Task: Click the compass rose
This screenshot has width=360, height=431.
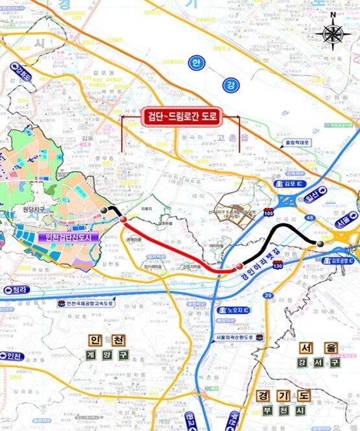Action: (x=333, y=32)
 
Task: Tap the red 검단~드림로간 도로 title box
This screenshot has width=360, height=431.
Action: (x=181, y=117)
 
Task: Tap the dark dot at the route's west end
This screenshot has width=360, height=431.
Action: (x=102, y=211)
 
